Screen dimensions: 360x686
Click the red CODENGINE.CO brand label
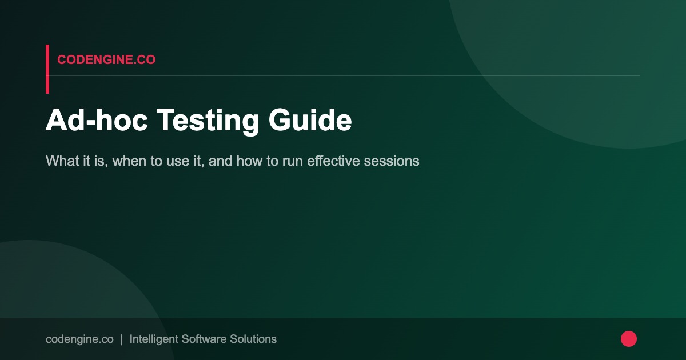coord(106,59)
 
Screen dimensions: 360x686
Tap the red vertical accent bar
coord(47,69)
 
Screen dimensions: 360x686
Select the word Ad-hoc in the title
coord(96,121)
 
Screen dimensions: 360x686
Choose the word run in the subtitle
coord(293,161)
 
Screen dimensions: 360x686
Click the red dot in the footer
coord(629,339)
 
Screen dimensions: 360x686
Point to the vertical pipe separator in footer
coord(121,339)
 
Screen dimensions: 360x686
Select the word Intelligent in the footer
coord(153,339)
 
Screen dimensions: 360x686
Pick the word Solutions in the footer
coord(253,339)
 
